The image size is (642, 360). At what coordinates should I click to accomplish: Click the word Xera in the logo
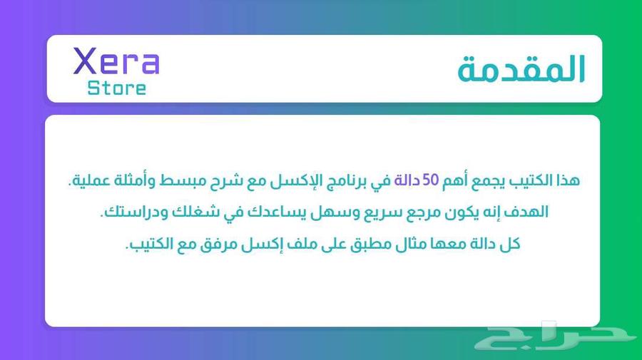tap(116, 61)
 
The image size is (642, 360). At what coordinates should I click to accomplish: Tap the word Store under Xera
tap(117, 88)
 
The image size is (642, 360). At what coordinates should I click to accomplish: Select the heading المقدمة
tap(521, 68)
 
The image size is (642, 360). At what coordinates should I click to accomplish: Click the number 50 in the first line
tap(430, 180)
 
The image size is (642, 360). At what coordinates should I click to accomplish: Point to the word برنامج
tap(345, 181)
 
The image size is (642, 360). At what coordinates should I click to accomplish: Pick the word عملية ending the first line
tap(90, 180)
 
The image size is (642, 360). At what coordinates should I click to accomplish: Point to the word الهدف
tap(528, 212)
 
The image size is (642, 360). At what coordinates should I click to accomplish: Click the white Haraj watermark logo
tap(556, 336)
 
